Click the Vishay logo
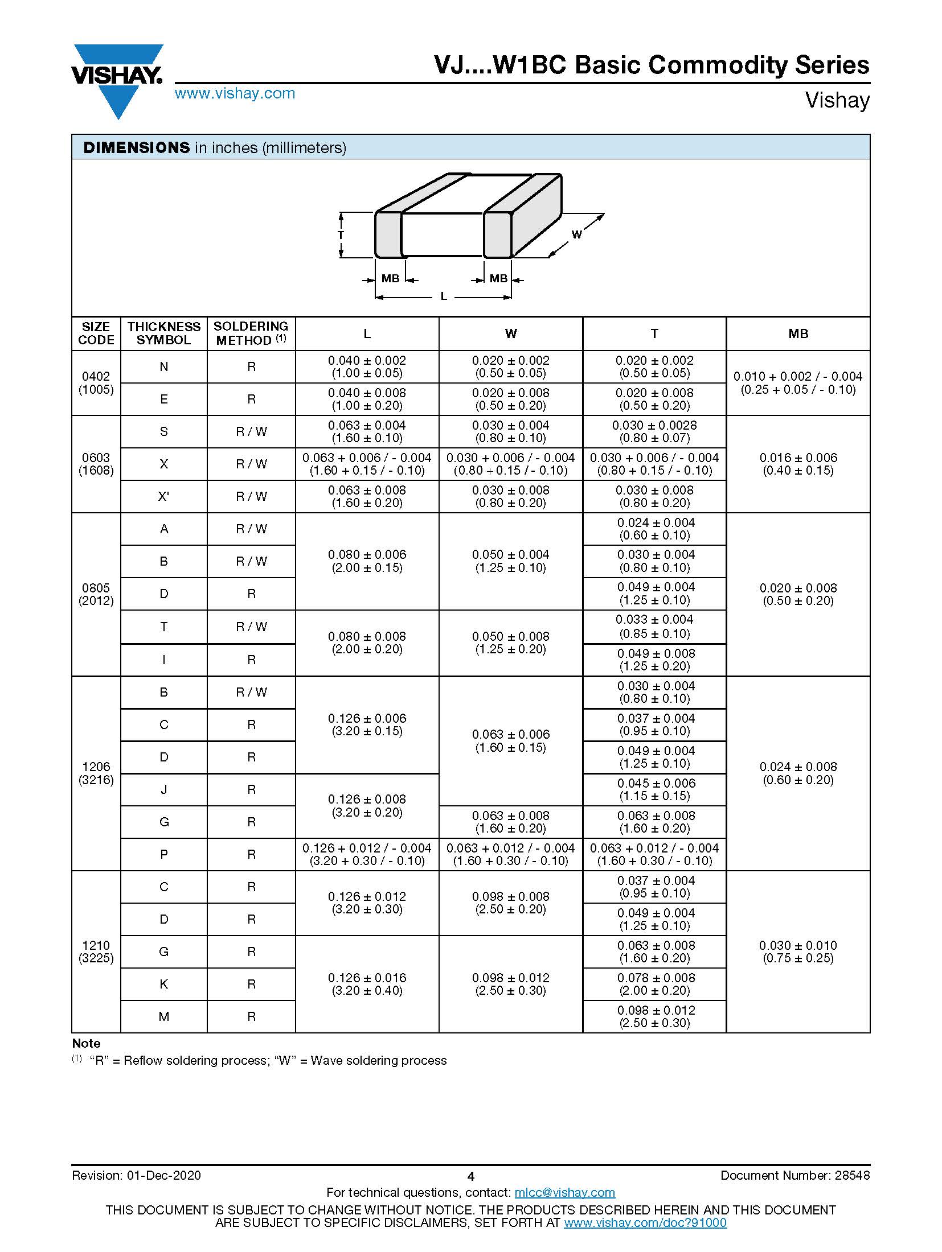click(x=117, y=80)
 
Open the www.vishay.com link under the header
click(x=235, y=93)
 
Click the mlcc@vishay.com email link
click(x=564, y=1192)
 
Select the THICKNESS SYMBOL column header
click(x=163, y=333)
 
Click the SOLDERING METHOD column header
click(x=251, y=333)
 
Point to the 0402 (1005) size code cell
click(x=96, y=383)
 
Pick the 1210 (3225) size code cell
click(x=96, y=952)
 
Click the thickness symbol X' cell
click(x=163, y=497)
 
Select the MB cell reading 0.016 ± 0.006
click(x=798, y=464)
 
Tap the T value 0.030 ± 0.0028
click(x=654, y=431)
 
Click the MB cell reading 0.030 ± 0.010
click(x=798, y=952)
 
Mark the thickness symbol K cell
click(x=163, y=984)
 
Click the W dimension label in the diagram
click(x=576, y=234)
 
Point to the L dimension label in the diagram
click(x=444, y=296)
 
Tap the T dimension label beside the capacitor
click(x=341, y=234)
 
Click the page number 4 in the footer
click(x=470, y=1176)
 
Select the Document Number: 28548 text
click(x=794, y=1175)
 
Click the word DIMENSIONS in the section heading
click(x=136, y=147)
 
